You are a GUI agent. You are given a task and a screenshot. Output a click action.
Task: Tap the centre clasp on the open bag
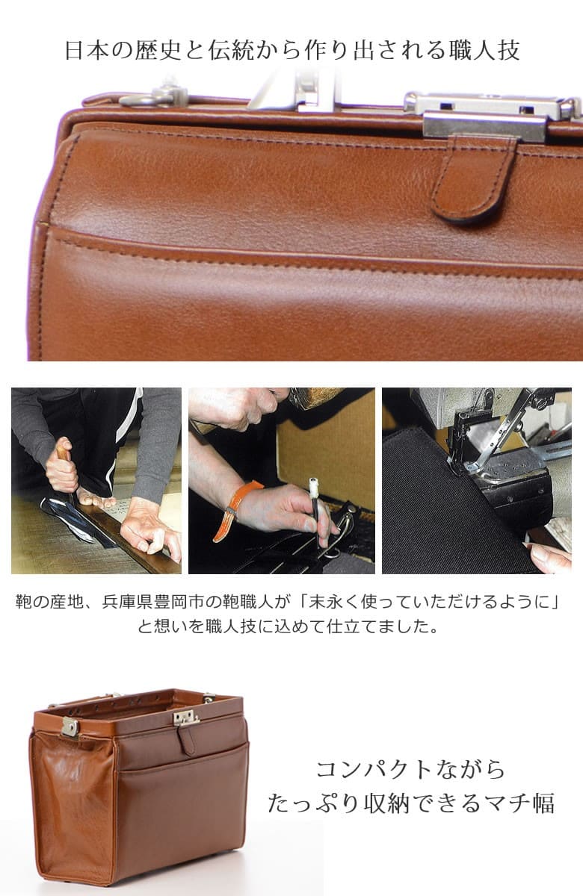[x=186, y=718]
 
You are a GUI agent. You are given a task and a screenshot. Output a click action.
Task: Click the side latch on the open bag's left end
[x=70, y=727]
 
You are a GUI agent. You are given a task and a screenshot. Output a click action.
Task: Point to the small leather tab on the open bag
[x=186, y=739]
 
